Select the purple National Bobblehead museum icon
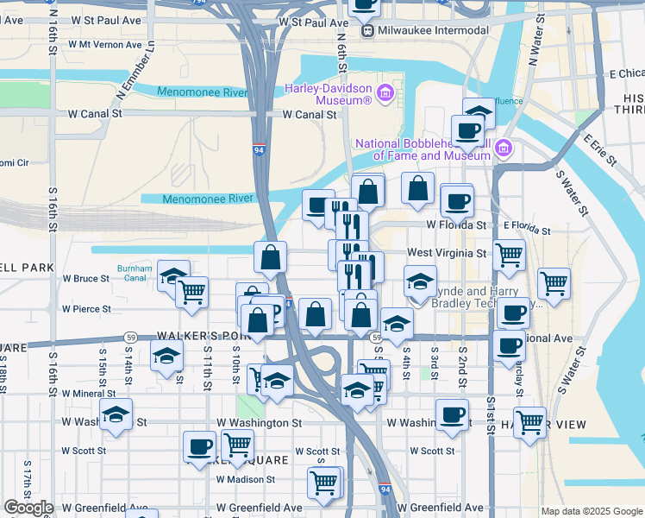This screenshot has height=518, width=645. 504,149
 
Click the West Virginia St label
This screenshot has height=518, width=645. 447,253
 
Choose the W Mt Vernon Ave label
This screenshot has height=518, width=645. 104,44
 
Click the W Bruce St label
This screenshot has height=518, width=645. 86,279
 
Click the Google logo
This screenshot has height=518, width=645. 28,508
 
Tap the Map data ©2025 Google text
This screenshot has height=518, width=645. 591,511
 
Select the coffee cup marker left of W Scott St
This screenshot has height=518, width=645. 199,445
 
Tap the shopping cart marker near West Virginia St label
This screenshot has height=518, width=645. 509,254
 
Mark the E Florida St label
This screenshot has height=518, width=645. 527,230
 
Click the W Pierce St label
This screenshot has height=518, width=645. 86,308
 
